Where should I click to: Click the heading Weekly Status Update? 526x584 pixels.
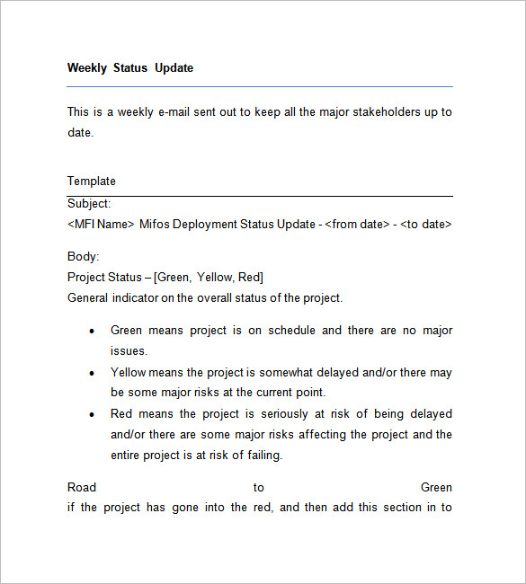coord(130,67)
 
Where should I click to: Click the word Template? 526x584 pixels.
coord(92,181)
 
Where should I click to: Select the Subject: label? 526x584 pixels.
coord(89,204)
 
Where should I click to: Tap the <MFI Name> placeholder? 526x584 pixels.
coord(101,224)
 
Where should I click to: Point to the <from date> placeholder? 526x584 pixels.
coord(357,224)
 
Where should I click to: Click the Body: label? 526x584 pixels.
coord(83,256)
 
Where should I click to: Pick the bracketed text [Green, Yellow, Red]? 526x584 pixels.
coord(209,277)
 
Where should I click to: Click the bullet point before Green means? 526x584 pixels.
coord(92,331)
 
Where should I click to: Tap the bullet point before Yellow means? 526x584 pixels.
coord(92,372)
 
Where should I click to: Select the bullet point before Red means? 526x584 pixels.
coord(92,414)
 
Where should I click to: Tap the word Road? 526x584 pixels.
coord(82,487)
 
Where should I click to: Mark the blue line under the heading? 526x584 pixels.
coord(260,86)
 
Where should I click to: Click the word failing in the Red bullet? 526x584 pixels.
coord(263,455)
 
